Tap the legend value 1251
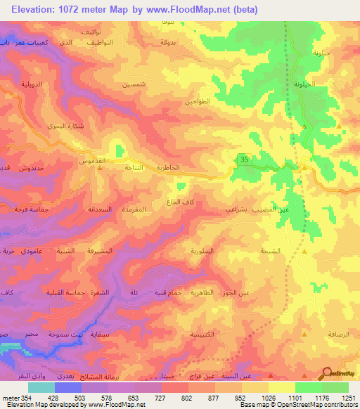(349, 397)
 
